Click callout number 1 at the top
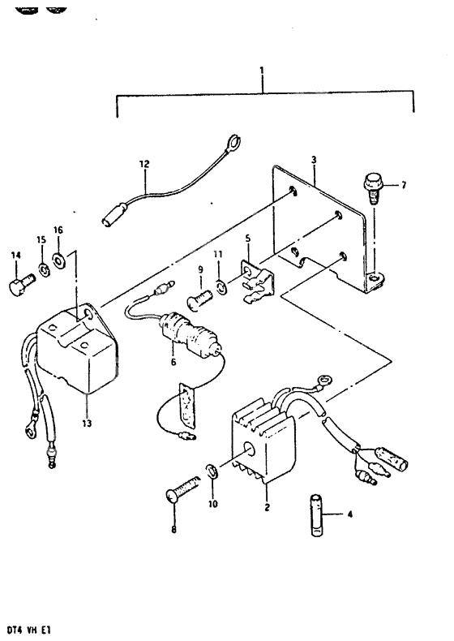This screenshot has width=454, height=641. coord(262,71)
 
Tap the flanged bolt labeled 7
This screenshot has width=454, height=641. coord(370,188)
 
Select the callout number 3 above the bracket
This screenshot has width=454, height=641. coord(314,160)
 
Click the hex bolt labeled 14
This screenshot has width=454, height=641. coord(20,285)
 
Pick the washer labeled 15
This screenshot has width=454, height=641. coord(43,269)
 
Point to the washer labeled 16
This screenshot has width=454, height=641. coord(59,260)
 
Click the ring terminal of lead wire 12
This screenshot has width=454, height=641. coord(233,142)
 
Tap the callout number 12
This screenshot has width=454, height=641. coord(144,165)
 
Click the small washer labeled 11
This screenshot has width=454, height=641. coord(220,286)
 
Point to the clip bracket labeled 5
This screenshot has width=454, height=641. coord(257,280)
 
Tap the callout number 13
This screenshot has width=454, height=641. coord(87,423)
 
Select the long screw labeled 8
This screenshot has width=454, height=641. coord(182,488)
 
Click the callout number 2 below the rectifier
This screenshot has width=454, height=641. coord(267,507)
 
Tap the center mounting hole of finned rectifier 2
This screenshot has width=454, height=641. coord(248,450)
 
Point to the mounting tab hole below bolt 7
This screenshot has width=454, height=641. coord(375,278)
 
